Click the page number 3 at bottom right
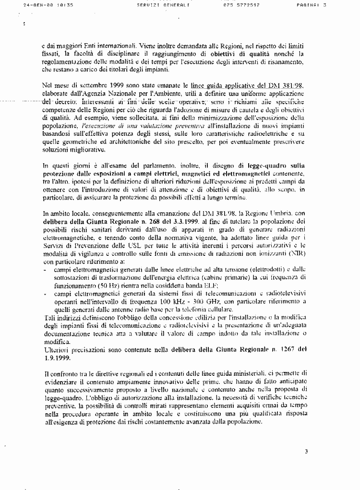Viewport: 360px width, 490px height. (306, 451)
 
